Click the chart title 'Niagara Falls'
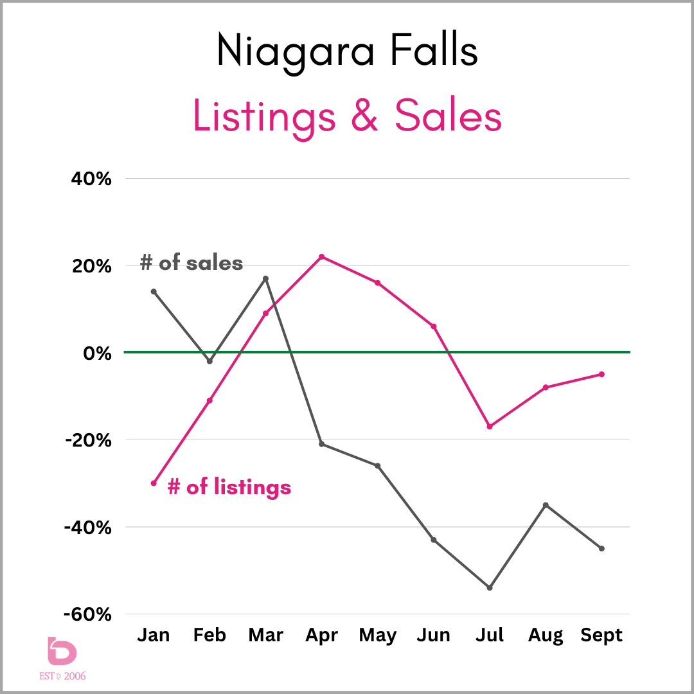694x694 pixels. point(347,49)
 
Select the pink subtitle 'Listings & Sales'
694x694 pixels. point(347,118)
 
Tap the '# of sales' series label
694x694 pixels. point(191,263)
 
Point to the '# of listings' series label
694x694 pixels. point(229,487)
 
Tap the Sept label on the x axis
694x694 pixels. point(601,636)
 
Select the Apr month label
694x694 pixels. point(321,636)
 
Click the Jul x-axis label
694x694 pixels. point(490,636)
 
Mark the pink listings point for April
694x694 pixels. point(321,256)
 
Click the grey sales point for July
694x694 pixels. point(490,587)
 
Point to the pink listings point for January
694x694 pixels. point(154,483)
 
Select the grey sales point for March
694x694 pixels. point(265,278)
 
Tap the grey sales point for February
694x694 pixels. point(209,361)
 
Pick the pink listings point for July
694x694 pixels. point(490,426)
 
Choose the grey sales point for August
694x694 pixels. point(546,505)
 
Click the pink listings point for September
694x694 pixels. point(601,374)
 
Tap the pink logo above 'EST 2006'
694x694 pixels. point(62,652)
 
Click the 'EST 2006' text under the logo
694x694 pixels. point(66,675)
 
